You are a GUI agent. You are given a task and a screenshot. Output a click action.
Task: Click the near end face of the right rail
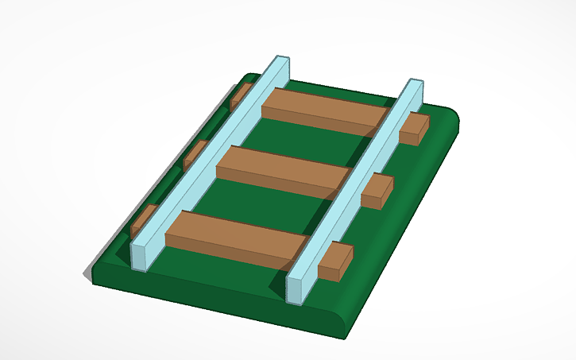pos(295,290)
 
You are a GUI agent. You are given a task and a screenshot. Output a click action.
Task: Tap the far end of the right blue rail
pos(413,84)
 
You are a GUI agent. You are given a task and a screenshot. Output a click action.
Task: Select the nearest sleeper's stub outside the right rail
pos(335,261)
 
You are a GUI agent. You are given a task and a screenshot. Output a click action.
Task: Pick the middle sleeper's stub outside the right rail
pos(377,192)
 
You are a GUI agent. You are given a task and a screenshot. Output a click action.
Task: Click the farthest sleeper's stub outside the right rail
pos(413,129)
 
